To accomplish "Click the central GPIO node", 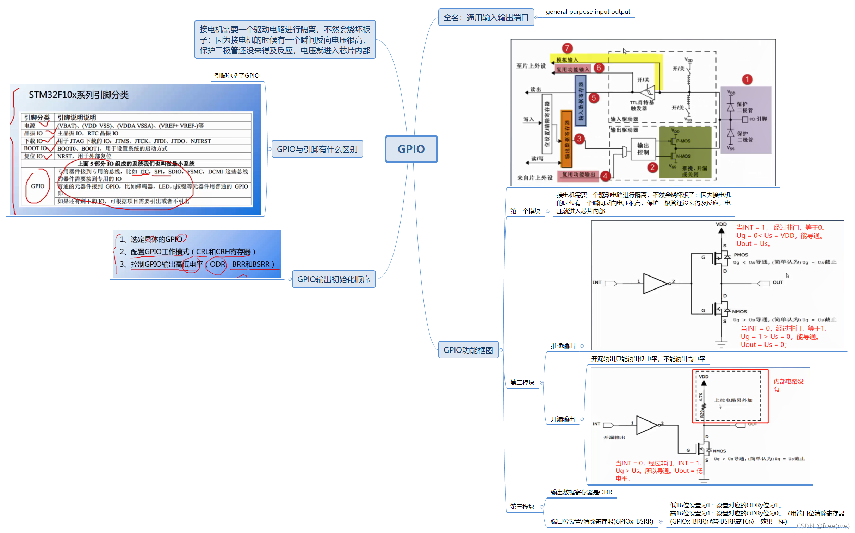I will click(x=411, y=149).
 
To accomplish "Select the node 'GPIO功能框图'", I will click(x=468, y=350).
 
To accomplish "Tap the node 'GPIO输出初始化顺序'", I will click(x=334, y=279).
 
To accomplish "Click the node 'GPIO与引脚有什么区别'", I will click(x=317, y=149).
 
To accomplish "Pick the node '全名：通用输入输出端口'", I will click(x=486, y=18).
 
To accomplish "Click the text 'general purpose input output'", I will click(x=588, y=12).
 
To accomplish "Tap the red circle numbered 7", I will click(x=567, y=48).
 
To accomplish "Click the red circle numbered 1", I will click(x=747, y=79).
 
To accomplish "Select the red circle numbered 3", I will click(x=579, y=139).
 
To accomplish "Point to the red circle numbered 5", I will click(x=594, y=98).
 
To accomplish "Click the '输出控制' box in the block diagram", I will click(x=643, y=149).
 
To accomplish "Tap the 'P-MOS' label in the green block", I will click(x=683, y=141).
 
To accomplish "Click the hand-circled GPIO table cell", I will click(x=37, y=186).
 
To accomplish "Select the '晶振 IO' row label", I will click(x=33, y=133).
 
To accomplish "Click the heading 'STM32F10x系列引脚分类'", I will click(x=78, y=95).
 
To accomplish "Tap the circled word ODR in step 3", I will click(x=217, y=264).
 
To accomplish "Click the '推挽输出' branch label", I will click(x=563, y=346).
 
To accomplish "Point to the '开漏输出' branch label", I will click(x=563, y=419).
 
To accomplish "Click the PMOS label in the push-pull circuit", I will click(x=741, y=255).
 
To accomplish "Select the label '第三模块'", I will click(x=522, y=507).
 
